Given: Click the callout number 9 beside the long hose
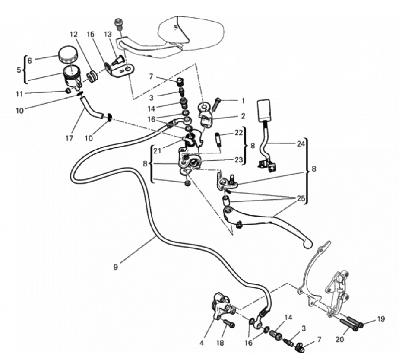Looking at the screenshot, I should [x=115, y=267].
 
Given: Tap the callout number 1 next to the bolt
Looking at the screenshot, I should [x=243, y=101].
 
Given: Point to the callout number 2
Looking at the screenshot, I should [x=243, y=116].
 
